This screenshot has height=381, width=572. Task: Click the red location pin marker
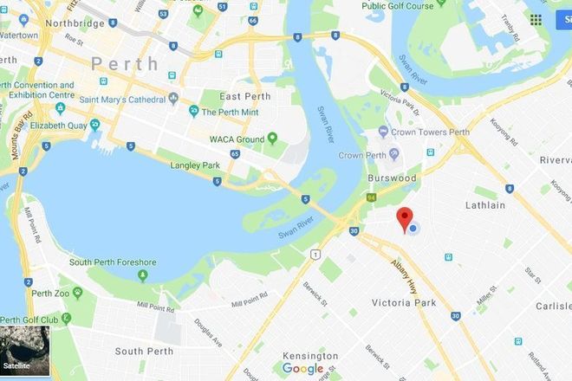point(404,219)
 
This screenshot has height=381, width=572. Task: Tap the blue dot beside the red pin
point(414,229)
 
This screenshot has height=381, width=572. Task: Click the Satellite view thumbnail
point(25,350)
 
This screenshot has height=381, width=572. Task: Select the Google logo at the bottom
point(302,369)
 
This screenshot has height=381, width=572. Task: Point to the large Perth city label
point(125,64)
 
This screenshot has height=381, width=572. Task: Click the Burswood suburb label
point(391,178)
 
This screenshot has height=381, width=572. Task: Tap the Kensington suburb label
point(310,356)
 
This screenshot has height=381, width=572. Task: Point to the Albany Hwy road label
point(404,274)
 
